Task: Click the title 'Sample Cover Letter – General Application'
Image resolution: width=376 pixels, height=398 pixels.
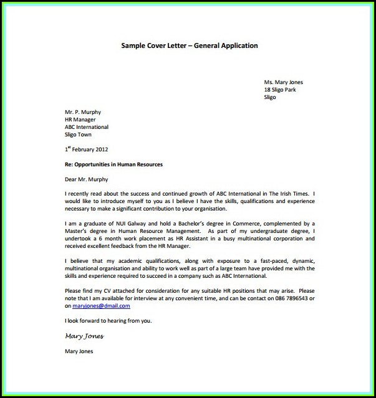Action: [x=189, y=45]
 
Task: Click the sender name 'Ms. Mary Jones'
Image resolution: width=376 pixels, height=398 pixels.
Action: [x=283, y=82]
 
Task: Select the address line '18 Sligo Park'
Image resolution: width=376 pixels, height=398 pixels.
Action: [x=280, y=90]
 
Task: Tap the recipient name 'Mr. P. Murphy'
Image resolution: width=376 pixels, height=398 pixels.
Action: [x=83, y=112]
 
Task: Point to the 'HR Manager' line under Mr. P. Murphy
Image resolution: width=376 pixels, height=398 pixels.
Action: [x=79, y=120]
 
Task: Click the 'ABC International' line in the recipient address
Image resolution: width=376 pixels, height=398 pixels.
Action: [x=87, y=127]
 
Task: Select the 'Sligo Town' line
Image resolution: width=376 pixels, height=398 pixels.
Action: [x=78, y=135]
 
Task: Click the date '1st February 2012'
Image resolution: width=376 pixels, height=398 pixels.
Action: [x=87, y=149]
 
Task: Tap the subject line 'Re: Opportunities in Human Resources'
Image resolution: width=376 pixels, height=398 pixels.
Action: [x=113, y=164]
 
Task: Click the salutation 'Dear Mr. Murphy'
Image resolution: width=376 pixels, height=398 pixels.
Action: [x=86, y=179]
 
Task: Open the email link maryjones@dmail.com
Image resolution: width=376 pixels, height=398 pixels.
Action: [x=102, y=306]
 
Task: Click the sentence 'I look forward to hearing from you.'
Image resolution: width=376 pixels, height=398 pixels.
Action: [x=108, y=321]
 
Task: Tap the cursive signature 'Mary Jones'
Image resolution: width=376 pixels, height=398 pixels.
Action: [x=84, y=336]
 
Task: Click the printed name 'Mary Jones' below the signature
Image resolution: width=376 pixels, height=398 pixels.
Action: [x=79, y=351]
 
